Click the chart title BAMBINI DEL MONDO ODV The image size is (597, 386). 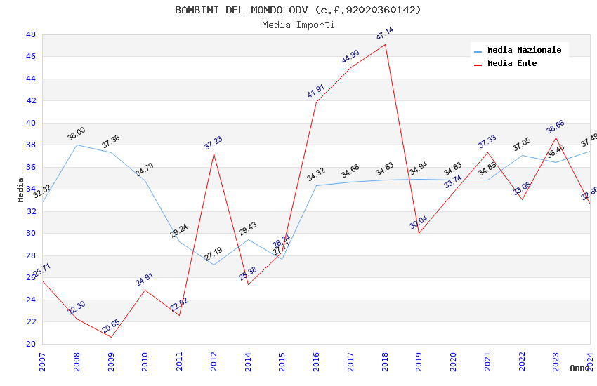(x=298, y=10)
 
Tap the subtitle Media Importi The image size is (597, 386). (x=298, y=25)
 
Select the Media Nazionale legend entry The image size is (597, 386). (x=524, y=50)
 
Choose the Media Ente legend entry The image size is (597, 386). (x=511, y=63)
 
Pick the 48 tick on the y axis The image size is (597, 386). (x=30, y=34)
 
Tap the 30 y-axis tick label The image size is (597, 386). (x=30, y=234)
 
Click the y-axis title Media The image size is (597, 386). (x=21, y=189)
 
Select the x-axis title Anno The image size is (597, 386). (x=579, y=368)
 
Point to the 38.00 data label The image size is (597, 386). (x=77, y=134)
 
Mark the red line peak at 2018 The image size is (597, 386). (x=385, y=44)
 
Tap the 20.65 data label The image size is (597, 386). (x=111, y=326)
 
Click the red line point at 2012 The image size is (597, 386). (x=214, y=153)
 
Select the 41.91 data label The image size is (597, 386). (x=316, y=91)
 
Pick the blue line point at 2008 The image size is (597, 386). (x=77, y=145)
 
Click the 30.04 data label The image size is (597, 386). (x=419, y=222)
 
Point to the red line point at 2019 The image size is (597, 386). (x=419, y=233)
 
